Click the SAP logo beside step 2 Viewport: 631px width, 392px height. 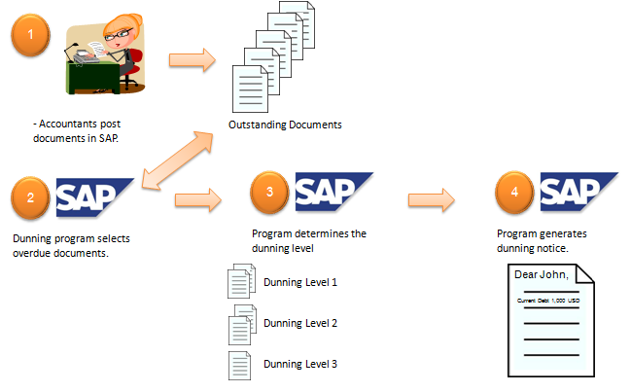(x=94, y=197)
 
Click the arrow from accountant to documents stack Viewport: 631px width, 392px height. (x=193, y=59)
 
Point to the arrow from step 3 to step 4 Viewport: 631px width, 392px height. (x=432, y=200)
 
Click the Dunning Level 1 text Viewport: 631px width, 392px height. (x=300, y=283)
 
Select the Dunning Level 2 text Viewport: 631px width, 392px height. (x=300, y=322)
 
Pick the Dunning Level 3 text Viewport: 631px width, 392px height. (x=300, y=364)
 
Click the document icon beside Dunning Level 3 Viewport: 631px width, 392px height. (x=239, y=365)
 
